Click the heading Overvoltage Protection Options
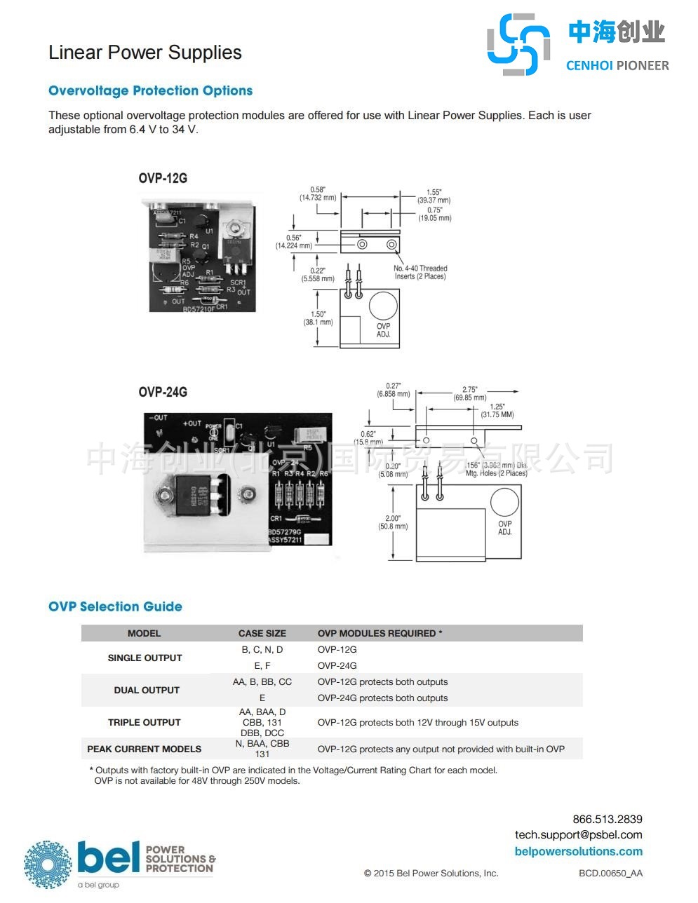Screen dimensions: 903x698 click(x=150, y=90)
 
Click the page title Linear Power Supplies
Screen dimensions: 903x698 click(x=145, y=53)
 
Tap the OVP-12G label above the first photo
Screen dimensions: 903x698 click(x=163, y=178)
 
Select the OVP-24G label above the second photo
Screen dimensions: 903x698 click(x=163, y=392)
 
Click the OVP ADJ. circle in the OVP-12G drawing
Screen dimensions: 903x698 click(x=383, y=306)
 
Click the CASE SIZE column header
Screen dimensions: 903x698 click(x=262, y=633)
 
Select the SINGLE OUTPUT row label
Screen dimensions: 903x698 click(x=145, y=658)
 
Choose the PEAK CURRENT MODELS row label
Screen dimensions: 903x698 click(x=144, y=749)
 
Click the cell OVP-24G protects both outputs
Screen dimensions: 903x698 click(x=382, y=698)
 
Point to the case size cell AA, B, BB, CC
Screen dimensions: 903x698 click(x=262, y=681)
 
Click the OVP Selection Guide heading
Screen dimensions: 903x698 click(x=115, y=606)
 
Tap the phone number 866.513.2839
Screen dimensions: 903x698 click(x=607, y=819)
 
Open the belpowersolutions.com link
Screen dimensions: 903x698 click(x=578, y=851)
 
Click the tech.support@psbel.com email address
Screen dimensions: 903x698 click(x=578, y=834)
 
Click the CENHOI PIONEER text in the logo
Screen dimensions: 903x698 click(x=617, y=65)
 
